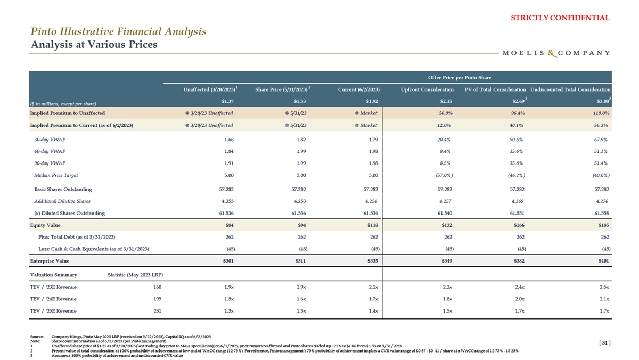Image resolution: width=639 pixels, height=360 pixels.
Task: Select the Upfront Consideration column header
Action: (x=427, y=89)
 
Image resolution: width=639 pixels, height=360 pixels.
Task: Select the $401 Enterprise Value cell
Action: (x=602, y=261)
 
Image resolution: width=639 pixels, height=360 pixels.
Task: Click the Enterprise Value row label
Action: (x=50, y=261)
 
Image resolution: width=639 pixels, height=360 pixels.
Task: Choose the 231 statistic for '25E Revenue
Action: (x=157, y=311)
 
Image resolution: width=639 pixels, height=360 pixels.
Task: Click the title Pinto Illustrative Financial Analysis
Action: (x=118, y=31)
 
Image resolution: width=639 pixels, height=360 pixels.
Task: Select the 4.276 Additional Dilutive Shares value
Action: (x=601, y=201)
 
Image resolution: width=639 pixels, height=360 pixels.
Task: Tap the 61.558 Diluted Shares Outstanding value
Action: (x=600, y=213)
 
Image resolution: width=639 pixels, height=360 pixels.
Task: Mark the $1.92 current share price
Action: (x=371, y=101)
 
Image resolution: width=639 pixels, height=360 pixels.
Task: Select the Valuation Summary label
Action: (x=53, y=275)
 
